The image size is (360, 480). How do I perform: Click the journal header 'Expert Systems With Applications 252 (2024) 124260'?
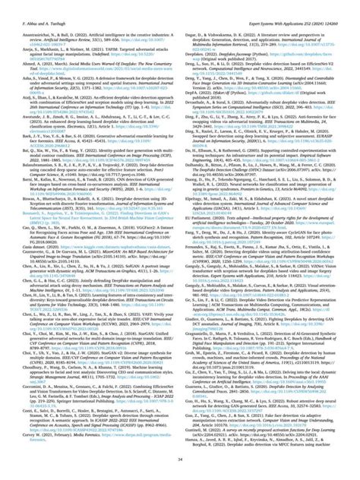(x=286, y=6)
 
